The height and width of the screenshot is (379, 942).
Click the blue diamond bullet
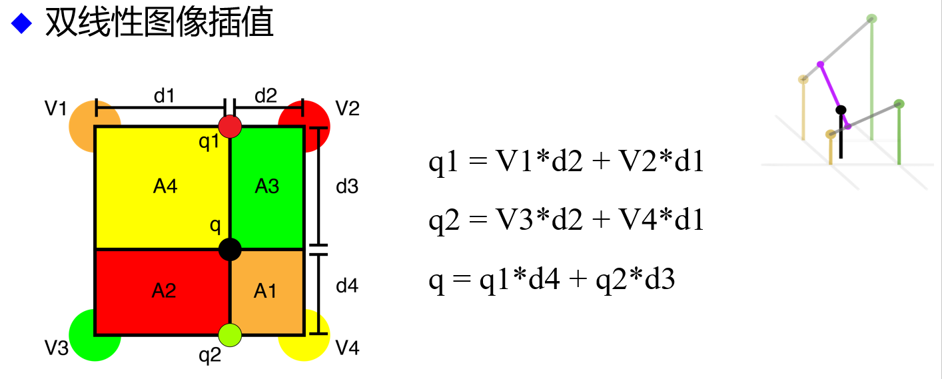[21, 23]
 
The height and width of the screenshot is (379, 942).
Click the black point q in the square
[230, 249]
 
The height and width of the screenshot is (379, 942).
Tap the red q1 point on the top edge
[230, 127]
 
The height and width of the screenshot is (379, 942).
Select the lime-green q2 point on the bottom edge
[230, 335]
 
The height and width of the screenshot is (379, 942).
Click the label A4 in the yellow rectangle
[165, 186]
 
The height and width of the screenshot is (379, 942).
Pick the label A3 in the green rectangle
[267, 186]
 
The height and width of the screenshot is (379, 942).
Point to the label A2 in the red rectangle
[164, 290]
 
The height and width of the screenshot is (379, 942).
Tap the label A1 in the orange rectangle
[265, 290]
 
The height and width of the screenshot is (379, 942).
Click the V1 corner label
[56, 108]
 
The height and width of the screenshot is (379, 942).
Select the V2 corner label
[347, 108]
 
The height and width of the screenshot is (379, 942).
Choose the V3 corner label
[57, 348]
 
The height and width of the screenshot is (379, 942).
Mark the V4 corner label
[347, 348]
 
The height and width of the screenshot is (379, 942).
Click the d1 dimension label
[164, 95]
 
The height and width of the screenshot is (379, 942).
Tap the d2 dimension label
[266, 95]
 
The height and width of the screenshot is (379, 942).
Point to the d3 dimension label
[347, 186]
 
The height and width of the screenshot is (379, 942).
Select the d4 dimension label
[347, 286]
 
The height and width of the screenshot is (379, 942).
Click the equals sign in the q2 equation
[478, 219]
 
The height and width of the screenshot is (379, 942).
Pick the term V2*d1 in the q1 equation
[661, 161]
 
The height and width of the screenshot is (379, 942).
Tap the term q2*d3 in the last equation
[636, 279]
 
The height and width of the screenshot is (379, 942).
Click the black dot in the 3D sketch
[841, 110]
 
